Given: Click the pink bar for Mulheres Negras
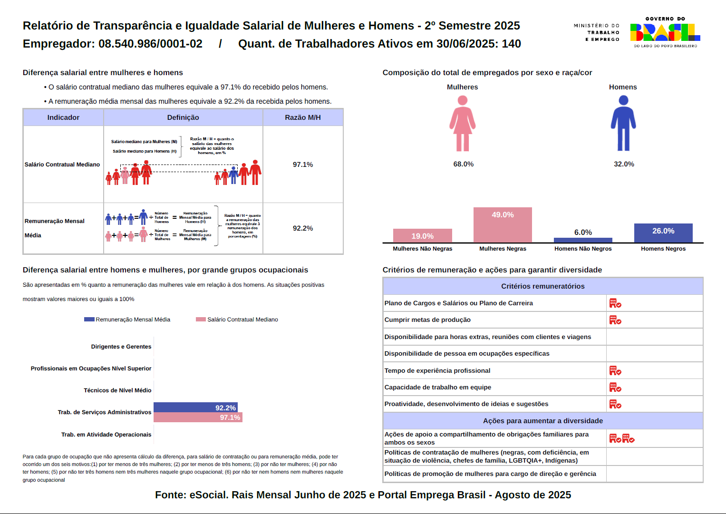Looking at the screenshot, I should tap(503, 225).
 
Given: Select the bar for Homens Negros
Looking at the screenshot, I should tap(663, 233).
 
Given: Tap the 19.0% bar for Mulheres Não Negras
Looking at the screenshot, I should tap(422, 236).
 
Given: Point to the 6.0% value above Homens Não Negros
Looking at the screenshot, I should tap(583, 233).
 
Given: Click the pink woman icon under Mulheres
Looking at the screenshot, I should tap(463, 124).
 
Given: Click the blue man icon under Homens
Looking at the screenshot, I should tap(623, 124).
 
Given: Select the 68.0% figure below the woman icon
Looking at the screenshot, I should tap(464, 164).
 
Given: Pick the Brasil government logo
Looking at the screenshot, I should tap(665, 32).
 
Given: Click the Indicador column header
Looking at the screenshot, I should tap(63, 117).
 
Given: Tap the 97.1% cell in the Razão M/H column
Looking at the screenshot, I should tap(303, 165).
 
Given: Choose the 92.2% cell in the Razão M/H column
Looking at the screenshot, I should tap(303, 228).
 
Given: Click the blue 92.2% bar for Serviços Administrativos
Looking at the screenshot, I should tap(195, 407).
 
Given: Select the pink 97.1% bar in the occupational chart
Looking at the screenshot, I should tap(198, 417).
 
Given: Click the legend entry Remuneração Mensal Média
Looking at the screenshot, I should tap(127, 320).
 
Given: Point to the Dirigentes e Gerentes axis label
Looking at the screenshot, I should tap(121, 347).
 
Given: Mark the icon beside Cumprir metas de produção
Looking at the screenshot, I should tap(615, 320).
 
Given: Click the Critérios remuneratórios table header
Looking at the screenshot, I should tap(542, 286).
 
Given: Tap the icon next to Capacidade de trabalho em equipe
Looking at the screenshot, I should tap(615, 388).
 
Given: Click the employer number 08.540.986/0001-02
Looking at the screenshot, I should tap(150, 44).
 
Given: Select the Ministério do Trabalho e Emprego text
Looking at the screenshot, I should tap(597, 32).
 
